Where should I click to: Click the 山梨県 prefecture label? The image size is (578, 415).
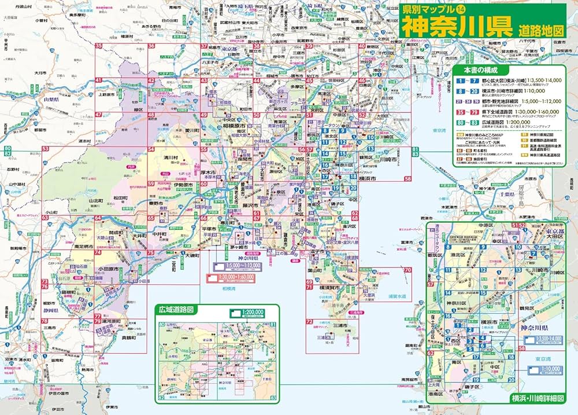53,100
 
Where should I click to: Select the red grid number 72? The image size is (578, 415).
310,322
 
